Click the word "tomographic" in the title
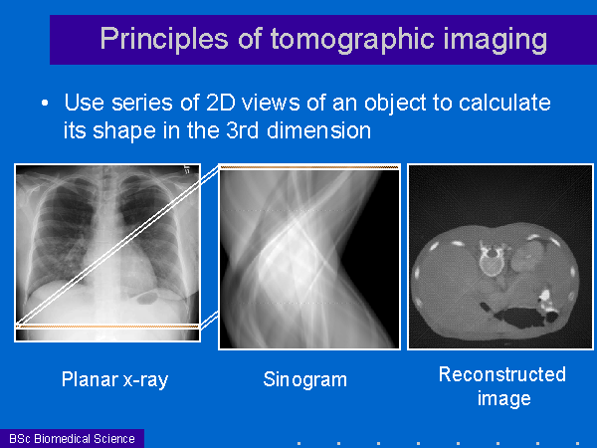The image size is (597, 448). pos(352,40)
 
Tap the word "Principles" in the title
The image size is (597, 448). pos(164,39)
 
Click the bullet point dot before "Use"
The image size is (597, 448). pos(45,103)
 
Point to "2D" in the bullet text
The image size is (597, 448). pos(221,103)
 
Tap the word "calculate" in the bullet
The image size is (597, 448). pos(504,103)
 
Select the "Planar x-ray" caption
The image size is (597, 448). pos(114,379)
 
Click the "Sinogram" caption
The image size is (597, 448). pos(305,379)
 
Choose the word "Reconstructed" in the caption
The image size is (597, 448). pos(502,374)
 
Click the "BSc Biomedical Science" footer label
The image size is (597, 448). pos(72,438)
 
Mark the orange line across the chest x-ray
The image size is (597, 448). pos(107,327)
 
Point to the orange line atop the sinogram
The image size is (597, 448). pos(309,167)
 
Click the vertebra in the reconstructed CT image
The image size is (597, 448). pos(492,260)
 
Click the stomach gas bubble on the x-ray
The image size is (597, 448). pos(147,296)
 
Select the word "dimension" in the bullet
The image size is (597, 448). pos(318,129)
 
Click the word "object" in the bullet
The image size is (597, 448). pos(395,103)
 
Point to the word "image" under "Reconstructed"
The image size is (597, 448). pos(504,399)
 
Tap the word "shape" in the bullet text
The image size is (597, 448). pos(124,130)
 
